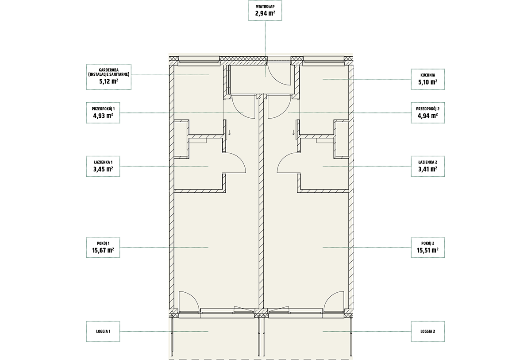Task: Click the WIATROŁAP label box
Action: (265, 10)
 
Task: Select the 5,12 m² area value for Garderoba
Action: (109, 81)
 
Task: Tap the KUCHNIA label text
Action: (427, 75)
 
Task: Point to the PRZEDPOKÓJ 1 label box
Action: (103, 113)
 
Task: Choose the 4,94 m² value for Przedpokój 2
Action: (427, 116)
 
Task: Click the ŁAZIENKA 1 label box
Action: (103, 166)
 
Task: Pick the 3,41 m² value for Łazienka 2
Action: (427, 169)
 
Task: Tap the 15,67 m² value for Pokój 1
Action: (103, 250)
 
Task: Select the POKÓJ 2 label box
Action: (427, 248)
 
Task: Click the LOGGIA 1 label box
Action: (103, 332)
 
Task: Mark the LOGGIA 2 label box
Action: (427, 332)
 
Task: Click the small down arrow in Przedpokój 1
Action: (229, 132)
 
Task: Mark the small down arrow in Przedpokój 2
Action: (293, 132)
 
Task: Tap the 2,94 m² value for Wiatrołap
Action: (265, 13)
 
